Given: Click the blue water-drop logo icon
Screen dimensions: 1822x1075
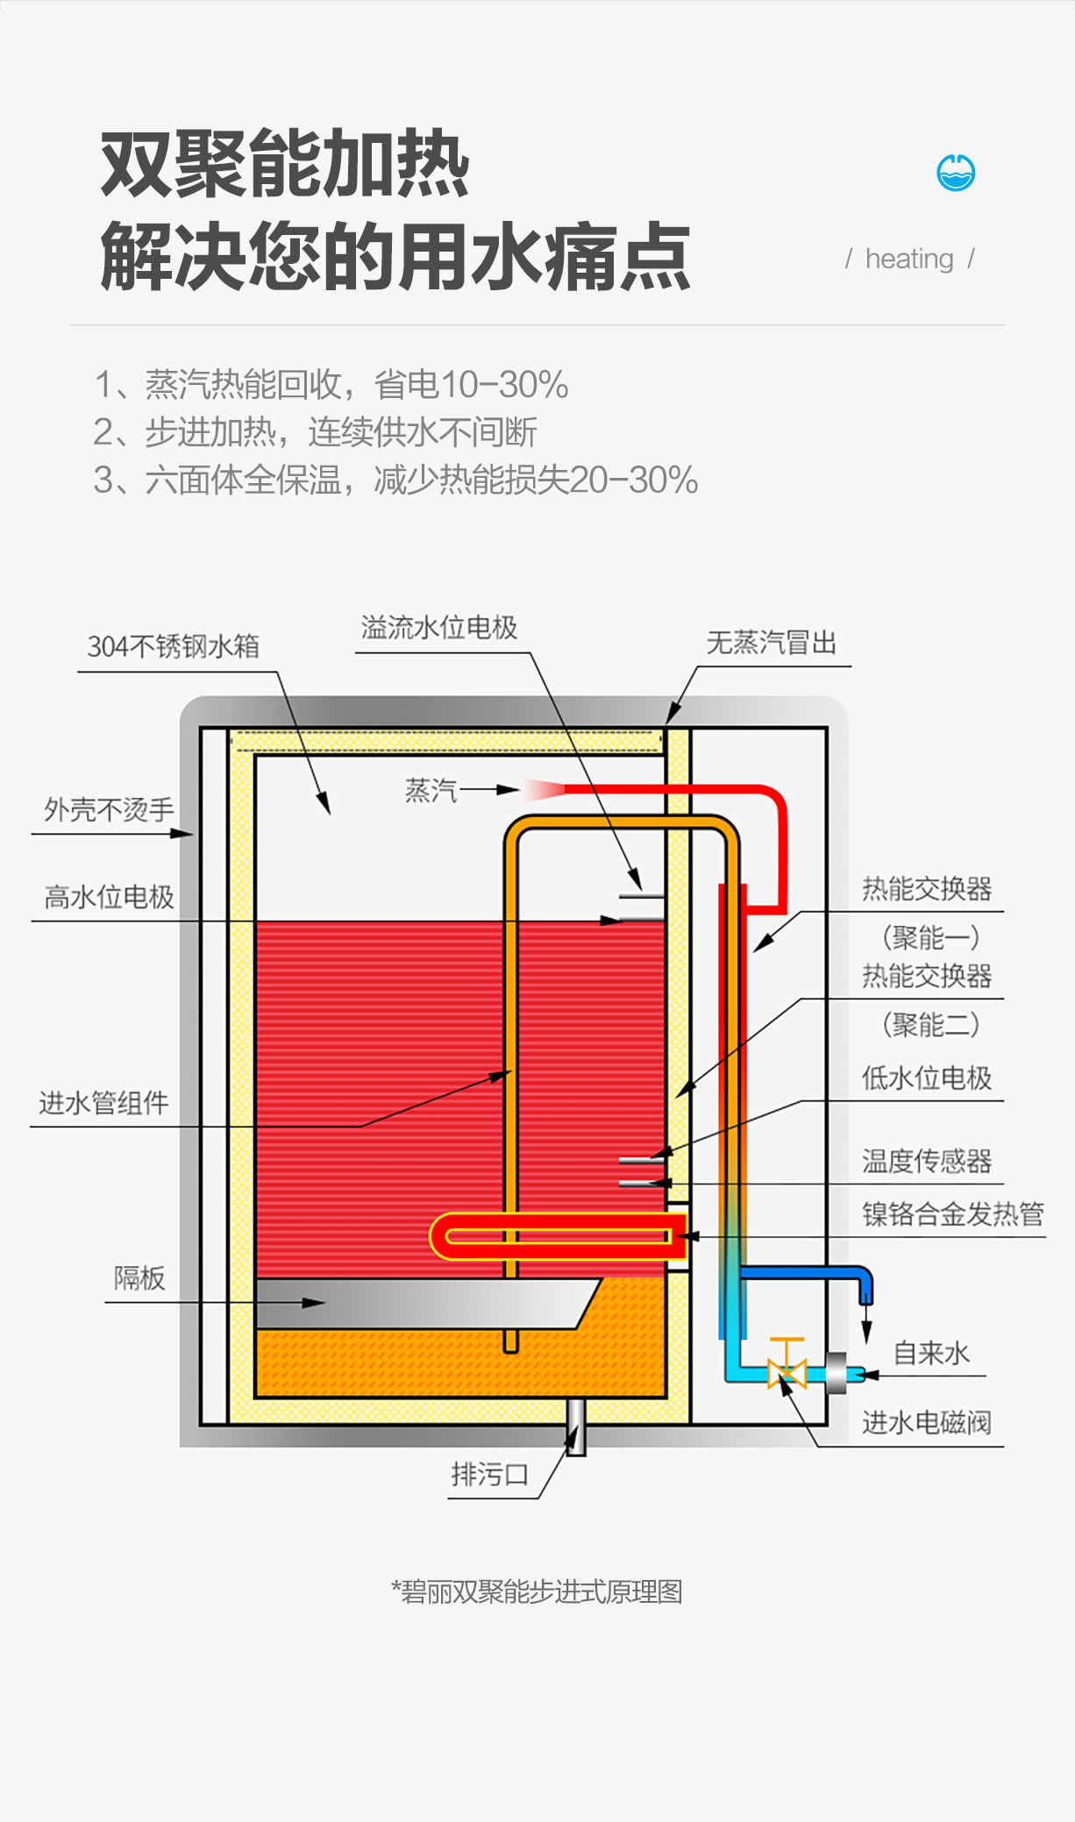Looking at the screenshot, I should pos(956,172).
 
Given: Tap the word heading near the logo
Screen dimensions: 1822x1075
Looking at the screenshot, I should pos(909,259).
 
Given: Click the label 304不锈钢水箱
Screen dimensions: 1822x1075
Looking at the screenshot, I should pos(174,646).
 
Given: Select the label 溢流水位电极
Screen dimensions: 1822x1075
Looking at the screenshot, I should pos(439,628).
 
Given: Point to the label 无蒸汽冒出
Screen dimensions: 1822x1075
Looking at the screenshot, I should pos(772,643).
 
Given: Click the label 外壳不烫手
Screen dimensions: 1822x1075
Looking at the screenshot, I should pos(110,809).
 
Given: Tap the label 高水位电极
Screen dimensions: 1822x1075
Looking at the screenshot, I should pos(110,897).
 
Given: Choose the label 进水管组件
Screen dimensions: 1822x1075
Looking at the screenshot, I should pos(103,1103).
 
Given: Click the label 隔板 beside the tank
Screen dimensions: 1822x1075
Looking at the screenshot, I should pos(139,1278).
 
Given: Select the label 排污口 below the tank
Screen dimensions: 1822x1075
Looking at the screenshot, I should pos(490,1475).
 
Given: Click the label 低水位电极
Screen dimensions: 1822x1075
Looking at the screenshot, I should pos(927,1078).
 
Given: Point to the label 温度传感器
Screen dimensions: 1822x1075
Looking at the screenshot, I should pos(927,1161).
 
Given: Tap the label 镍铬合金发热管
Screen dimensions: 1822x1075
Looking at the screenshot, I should pos(953,1213).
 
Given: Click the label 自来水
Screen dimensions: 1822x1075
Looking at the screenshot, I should pos(931,1353).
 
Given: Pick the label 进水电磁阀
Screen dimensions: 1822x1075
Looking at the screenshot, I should pos(927,1422).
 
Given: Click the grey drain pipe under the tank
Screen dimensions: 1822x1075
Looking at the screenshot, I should pos(576,1427).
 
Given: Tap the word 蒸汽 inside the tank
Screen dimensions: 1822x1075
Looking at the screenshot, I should pos(431,791).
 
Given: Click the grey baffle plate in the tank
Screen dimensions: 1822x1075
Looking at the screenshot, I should pos(421,1303).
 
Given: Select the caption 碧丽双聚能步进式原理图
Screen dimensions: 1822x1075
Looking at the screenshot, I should pos(537,1591).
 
